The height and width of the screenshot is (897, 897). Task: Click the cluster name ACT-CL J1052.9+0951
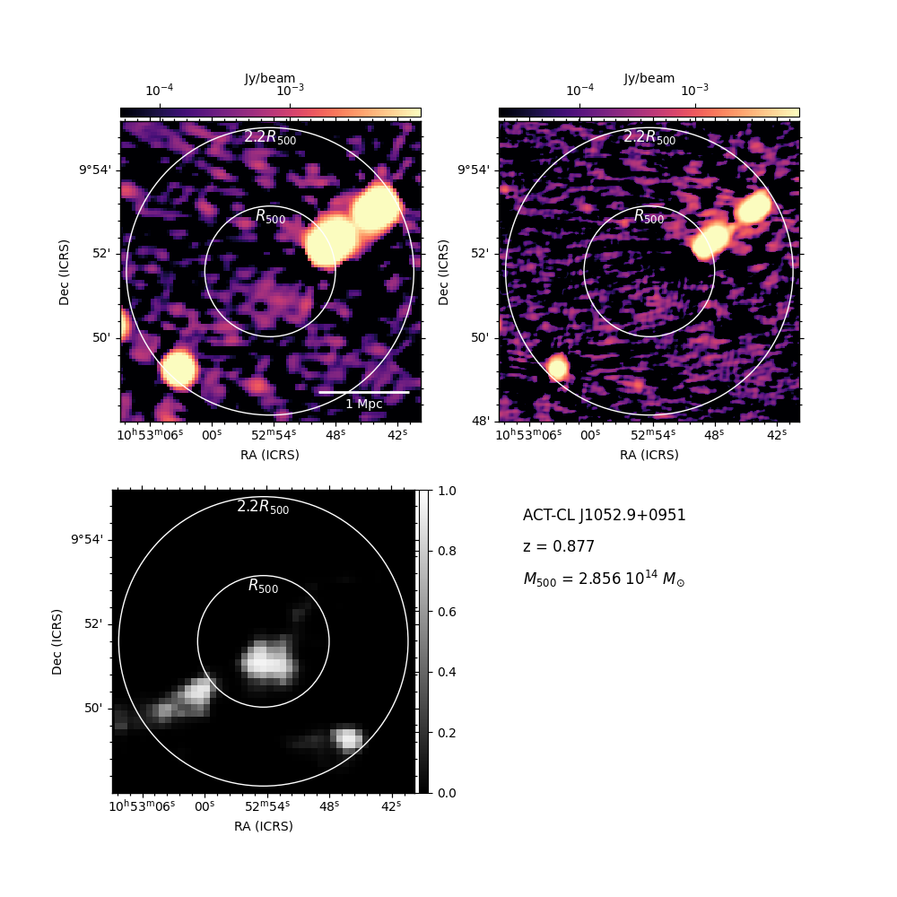tap(604, 516)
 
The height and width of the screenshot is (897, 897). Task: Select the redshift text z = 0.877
tap(559, 546)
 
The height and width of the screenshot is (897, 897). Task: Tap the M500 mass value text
tap(604, 579)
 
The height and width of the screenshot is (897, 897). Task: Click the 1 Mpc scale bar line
tap(364, 393)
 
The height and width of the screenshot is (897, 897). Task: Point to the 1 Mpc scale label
tap(364, 404)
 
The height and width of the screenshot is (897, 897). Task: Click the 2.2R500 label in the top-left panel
tap(270, 137)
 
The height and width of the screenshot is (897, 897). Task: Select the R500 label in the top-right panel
tap(649, 216)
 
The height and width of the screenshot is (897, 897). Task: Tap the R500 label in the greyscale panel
tap(263, 586)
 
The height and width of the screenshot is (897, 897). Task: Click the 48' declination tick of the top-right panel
tap(481, 421)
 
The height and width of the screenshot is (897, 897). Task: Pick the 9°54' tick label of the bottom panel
tap(88, 539)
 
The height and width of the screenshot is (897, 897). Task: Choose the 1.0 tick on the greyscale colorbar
tap(447, 491)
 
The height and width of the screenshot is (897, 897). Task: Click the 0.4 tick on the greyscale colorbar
tap(447, 672)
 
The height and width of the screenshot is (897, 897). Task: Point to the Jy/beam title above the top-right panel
tap(649, 78)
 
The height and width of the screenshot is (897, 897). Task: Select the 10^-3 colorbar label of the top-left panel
tap(290, 90)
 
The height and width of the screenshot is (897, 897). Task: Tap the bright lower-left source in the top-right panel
tap(557, 367)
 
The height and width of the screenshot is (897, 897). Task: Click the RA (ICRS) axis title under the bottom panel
tap(263, 826)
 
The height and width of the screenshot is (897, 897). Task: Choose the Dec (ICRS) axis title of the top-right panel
tap(443, 273)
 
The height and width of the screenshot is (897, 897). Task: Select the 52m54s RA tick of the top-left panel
tap(274, 435)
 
